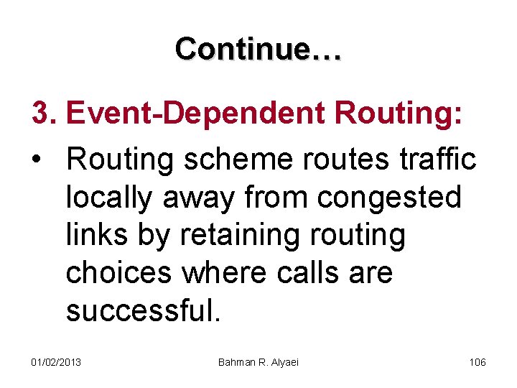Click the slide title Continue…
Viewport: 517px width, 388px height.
[x=258, y=49]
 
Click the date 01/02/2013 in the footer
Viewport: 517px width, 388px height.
[x=56, y=361]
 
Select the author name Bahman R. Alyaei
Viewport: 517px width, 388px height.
[x=258, y=361]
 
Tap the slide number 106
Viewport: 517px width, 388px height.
[x=478, y=361]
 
